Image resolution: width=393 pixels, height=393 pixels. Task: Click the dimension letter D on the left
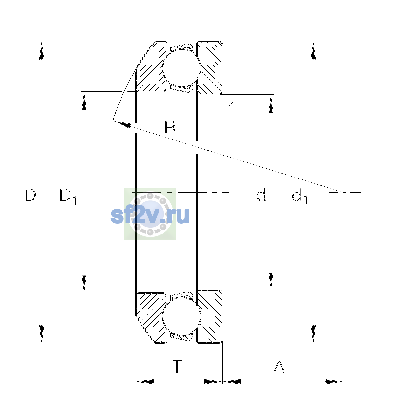(x=30, y=195)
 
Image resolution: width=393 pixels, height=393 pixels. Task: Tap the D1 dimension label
(x=68, y=196)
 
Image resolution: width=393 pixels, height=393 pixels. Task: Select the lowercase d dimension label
(x=261, y=195)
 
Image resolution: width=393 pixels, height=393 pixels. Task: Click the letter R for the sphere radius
(x=170, y=127)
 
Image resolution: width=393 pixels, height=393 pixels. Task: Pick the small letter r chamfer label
(x=230, y=107)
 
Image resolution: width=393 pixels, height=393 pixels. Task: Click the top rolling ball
(x=182, y=68)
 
